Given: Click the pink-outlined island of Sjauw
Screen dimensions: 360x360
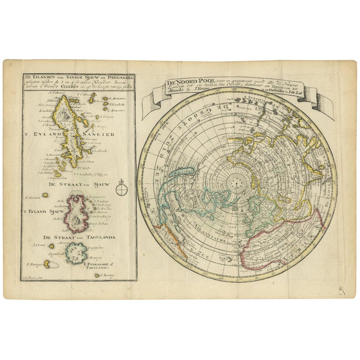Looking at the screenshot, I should click(76, 213).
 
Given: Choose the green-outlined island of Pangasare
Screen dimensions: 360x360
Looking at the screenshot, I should click(76, 254).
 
